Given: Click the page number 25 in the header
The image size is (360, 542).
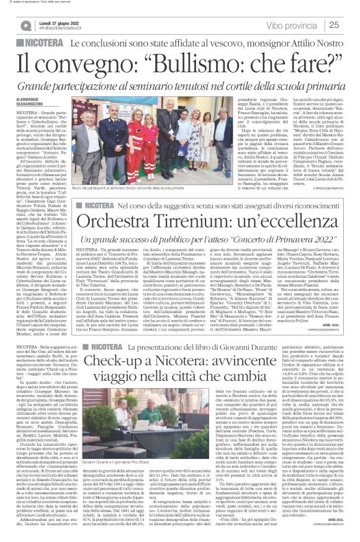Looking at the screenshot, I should point(350,25).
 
